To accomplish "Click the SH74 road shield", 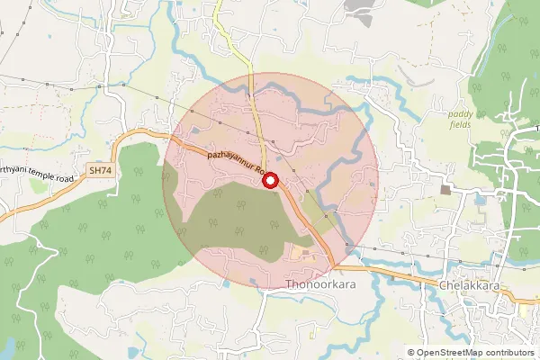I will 101,169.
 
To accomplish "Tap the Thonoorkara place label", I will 321,285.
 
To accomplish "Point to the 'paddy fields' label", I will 465,120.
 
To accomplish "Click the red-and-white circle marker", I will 269,181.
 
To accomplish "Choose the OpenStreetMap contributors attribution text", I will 471,353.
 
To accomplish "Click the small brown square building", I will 445,190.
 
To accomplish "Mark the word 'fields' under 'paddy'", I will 465,126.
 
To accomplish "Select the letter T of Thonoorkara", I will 288,285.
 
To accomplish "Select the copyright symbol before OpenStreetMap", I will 411,353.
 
